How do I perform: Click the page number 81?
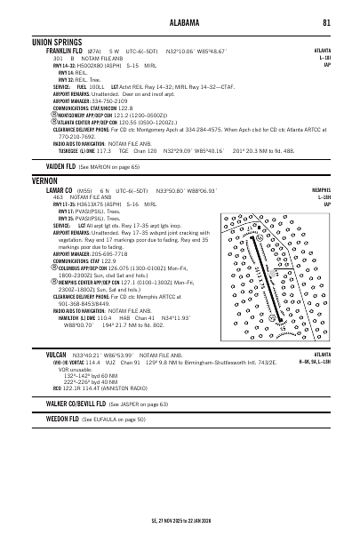pos(327,23)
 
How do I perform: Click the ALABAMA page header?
pos(180,23)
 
